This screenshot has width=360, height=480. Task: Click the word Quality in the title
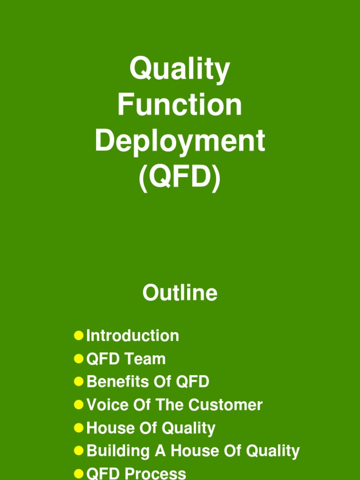click(180, 69)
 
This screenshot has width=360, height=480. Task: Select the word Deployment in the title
click(180, 141)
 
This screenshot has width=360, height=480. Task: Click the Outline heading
click(180, 293)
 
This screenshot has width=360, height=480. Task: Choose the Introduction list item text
click(133, 336)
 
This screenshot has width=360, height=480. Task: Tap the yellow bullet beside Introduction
click(79, 336)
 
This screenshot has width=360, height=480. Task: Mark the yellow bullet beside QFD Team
click(79, 359)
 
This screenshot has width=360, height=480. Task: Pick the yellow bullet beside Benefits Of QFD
click(79, 382)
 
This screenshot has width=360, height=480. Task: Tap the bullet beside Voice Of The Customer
click(79, 405)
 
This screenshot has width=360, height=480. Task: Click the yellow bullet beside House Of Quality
click(79, 427)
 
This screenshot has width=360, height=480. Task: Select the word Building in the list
click(116, 451)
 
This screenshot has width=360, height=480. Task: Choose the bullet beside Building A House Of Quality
click(79, 450)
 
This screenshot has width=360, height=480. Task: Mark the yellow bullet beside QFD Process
click(79, 473)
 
